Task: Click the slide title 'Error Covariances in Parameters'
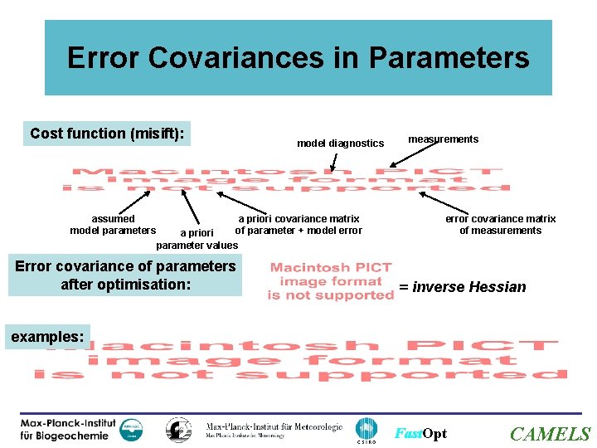tap(298, 58)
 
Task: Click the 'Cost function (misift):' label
tap(107, 134)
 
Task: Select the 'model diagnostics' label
tap(341, 144)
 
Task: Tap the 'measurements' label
tap(443, 139)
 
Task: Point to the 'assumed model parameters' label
tap(113, 225)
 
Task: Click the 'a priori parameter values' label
tap(197, 239)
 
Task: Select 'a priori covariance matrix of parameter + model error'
tap(298, 225)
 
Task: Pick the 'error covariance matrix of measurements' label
tap(500, 225)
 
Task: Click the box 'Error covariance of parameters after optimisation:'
tap(125, 275)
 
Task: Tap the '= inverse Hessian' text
tap(462, 287)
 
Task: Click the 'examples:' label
tap(47, 337)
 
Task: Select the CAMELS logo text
tap(550, 434)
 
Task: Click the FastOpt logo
tap(420, 434)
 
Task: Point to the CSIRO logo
tap(366, 430)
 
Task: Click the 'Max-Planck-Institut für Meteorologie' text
tap(274, 428)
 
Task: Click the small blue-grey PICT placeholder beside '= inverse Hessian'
tap(331, 281)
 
